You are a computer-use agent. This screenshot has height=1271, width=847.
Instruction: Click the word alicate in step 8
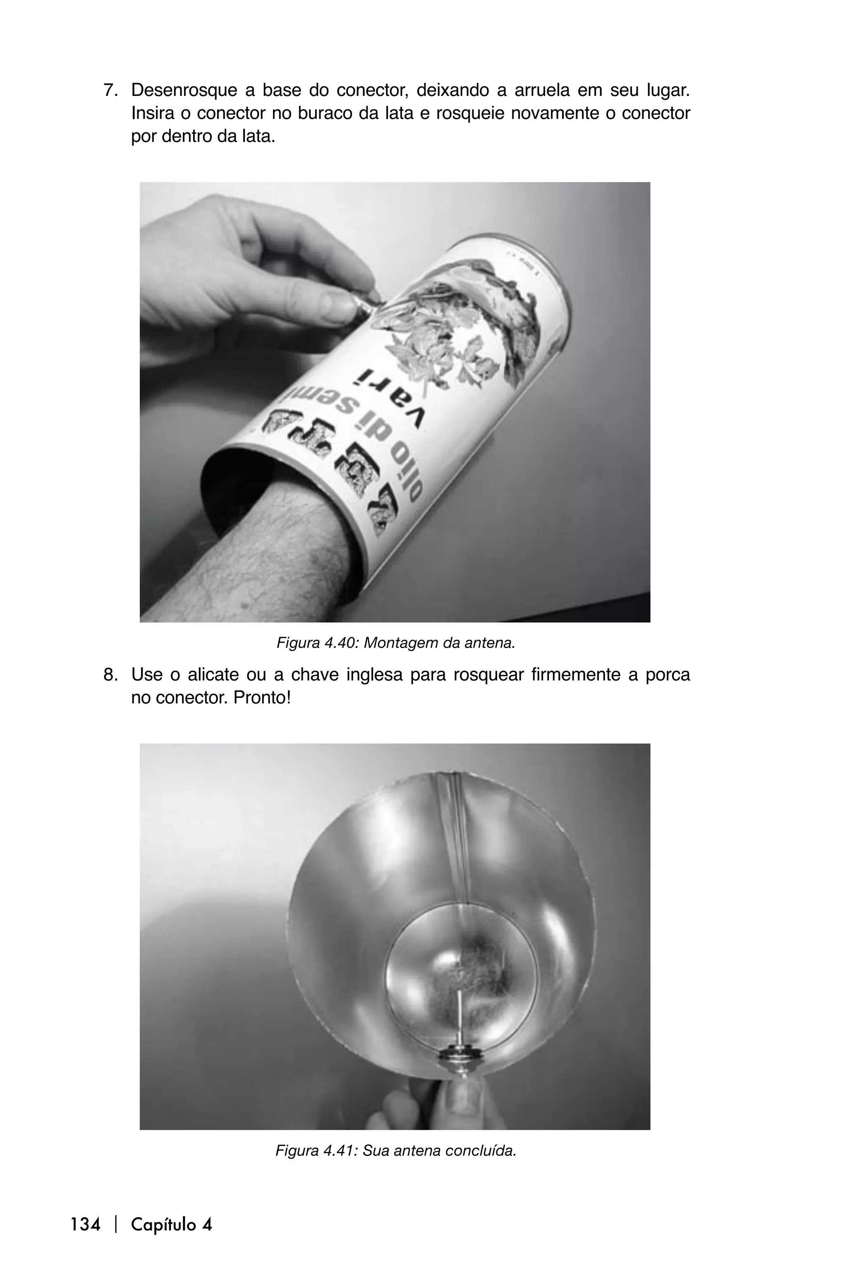pyautogui.click(x=213, y=675)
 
